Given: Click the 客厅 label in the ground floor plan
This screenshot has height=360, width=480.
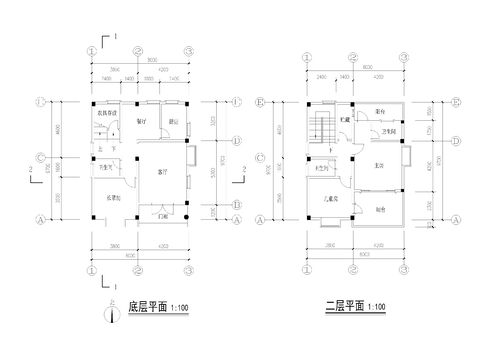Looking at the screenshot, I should [162, 172].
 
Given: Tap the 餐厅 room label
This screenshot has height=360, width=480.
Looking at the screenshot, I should [142, 121].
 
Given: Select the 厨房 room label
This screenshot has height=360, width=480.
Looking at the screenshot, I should [173, 121].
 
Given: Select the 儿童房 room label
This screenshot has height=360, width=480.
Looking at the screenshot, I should [330, 200].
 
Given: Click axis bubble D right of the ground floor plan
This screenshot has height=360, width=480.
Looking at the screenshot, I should [237, 141].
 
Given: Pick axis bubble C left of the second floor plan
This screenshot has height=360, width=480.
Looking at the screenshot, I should [260, 158].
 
